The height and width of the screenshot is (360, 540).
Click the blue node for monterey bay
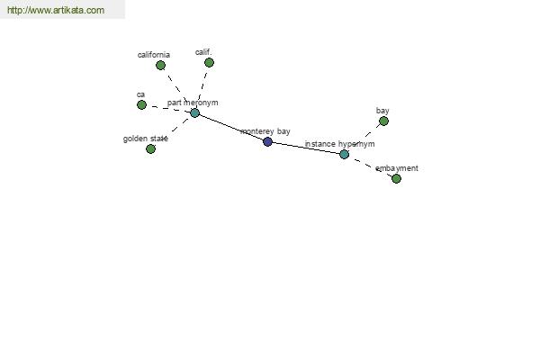[x=267, y=141]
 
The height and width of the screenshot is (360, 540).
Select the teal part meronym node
[x=195, y=113]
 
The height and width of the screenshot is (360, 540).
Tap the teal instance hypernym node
[x=345, y=154]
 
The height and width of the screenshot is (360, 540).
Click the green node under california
[x=160, y=65]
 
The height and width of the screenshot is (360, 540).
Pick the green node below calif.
[x=209, y=62]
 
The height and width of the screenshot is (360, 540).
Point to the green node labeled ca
[x=141, y=104]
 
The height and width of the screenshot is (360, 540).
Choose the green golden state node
[x=151, y=148]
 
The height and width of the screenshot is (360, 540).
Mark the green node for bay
[x=383, y=121]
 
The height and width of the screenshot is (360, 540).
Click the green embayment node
[x=396, y=178]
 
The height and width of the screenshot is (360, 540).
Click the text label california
[x=154, y=55]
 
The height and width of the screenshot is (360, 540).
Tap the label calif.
[x=203, y=52]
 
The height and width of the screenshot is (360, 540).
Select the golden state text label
[x=145, y=139]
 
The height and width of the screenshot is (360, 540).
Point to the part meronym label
[x=193, y=103]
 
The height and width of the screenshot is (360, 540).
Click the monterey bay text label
[x=265, y=131]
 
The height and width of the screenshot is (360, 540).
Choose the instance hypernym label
[x=339, y=144]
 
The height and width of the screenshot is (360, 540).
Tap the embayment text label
[x=397, y=168]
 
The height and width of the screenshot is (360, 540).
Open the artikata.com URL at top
[x=56, y=10]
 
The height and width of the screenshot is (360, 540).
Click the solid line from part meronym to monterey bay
[x=231, y=127]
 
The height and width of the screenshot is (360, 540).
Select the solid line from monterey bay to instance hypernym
[x=306, y=148]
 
